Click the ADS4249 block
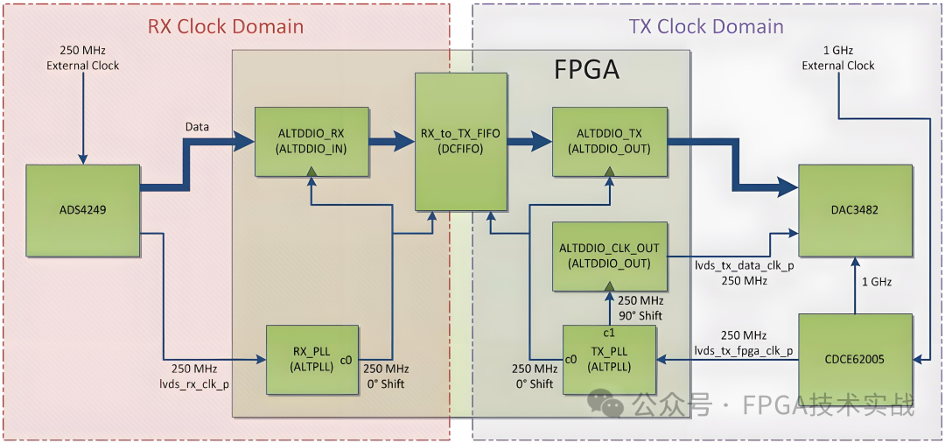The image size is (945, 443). [84, 210]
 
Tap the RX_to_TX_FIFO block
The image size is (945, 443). [462, 142]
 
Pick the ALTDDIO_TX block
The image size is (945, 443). [609, 140]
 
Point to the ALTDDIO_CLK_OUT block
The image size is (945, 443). [609, 256]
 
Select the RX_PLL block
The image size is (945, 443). [312, 359]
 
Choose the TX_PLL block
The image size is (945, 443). [609, 360]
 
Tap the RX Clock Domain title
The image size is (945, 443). [225, 26]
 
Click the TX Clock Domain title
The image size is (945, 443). [706, 26]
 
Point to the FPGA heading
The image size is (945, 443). [586, 69]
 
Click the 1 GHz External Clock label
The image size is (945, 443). [838, 58]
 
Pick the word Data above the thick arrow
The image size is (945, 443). [197, 127]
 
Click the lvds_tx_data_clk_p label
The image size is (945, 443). [743, 265]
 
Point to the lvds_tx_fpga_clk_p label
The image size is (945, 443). [744, 351]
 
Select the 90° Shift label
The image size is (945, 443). [640, 315]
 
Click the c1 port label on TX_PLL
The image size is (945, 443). [610, 333]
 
